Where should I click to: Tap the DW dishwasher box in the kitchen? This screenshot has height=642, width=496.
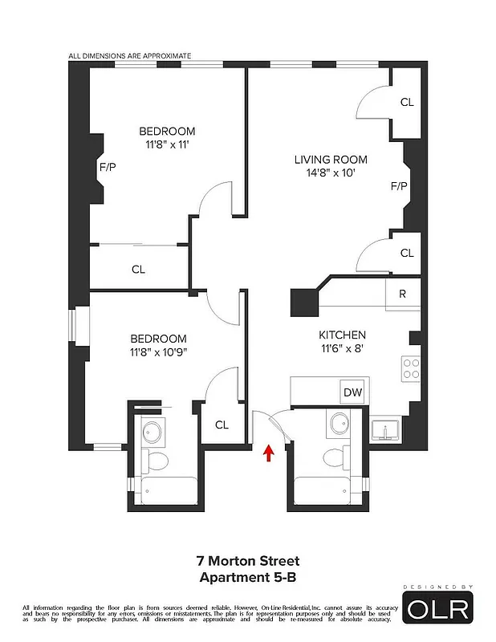(x=352, y=392)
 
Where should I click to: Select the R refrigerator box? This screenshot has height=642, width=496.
(x=402, y=294)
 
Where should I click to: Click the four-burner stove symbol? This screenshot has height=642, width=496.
(x=412, y=368)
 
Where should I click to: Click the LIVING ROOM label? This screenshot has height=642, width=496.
(x=330, y=160)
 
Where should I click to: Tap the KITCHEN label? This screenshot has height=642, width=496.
(x=343, y=335)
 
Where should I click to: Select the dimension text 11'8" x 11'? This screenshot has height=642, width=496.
(x=167, y=145)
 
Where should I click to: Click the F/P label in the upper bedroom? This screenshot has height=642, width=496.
(x=108, y=168)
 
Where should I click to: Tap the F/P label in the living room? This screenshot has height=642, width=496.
(x=398, y=186)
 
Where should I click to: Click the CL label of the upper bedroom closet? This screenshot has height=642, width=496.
(x=138, y=270)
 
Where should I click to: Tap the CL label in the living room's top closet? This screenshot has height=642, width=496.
(x=406, y=102)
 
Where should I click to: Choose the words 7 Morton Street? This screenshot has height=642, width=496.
(x=247, y=561)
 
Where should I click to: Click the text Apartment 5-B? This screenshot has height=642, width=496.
(x=247, y=575)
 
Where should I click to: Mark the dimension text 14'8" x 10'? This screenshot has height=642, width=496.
(x=330, y=173)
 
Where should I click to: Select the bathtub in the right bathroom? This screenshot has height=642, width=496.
(x=328, y=490)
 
